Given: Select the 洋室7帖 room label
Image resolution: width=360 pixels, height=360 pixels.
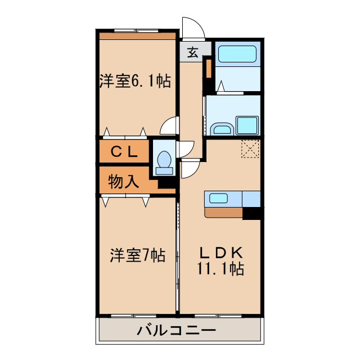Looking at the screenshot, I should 137,255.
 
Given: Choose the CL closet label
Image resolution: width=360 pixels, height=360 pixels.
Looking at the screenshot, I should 123,151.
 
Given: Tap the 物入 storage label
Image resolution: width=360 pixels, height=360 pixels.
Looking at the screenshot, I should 123,181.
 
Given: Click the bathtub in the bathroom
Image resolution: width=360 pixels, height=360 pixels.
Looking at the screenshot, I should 237,55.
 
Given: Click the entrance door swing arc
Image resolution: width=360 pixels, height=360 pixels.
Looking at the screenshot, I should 192,27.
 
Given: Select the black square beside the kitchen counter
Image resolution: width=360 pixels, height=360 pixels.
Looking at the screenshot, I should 252,213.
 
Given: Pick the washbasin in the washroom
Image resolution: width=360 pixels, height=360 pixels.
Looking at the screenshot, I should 221,129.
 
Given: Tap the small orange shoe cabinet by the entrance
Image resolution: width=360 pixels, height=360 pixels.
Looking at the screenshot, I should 208,68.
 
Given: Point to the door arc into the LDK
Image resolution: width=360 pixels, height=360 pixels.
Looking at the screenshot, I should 189,168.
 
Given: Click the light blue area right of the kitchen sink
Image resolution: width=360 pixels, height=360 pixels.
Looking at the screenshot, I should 251,198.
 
